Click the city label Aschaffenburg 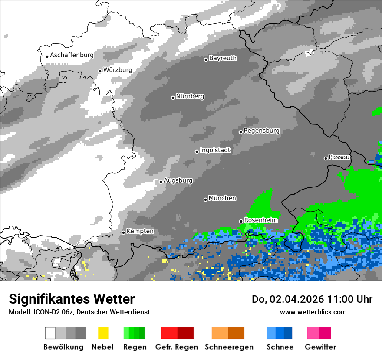(72, 55)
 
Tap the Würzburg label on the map (118, 70)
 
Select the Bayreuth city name (223, 58)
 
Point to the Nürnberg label (190, 96)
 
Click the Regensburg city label (261, 131)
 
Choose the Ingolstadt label (215, 150)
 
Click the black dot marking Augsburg (161, 182)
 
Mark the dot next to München (205, 200)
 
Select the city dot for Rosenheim (241, 221)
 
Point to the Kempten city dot (123, 232)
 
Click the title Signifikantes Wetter (72, 299)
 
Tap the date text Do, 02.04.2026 (286, 299)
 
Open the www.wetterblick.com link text (313, 312)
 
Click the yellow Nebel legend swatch (103, 333)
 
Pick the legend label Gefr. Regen (177, 347)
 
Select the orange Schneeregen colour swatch (228, 333)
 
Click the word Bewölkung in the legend (63, 347)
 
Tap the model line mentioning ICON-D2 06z (79, 312)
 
